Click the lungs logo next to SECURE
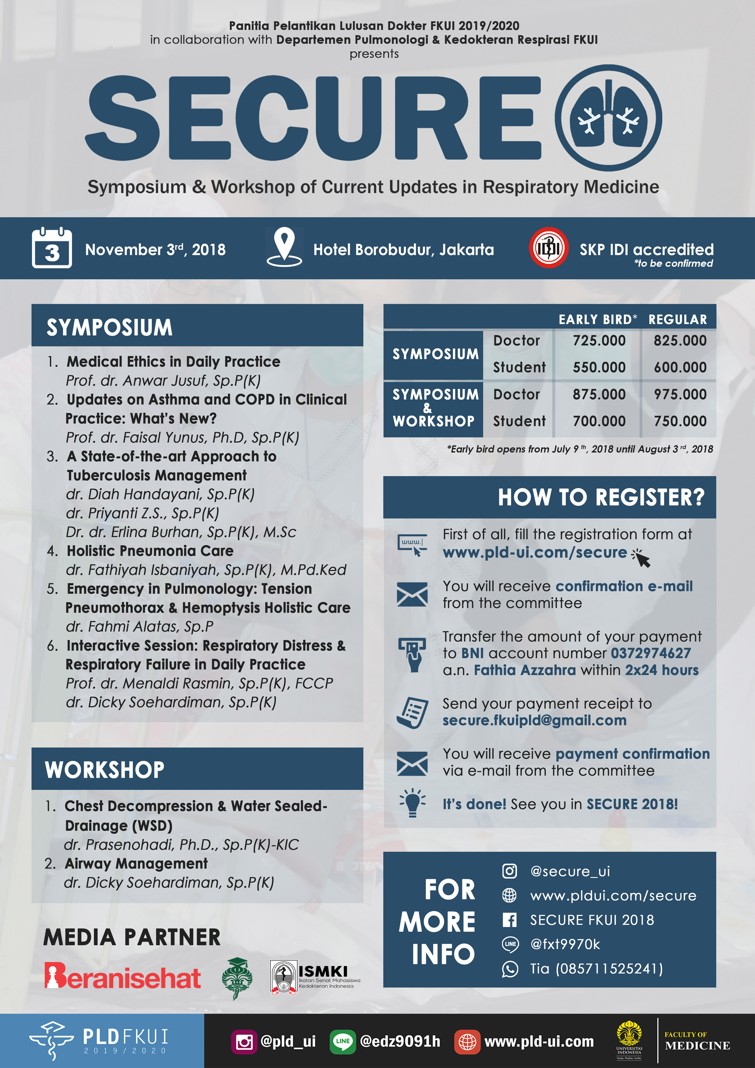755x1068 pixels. click(609, 118)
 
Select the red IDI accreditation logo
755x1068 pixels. click(549, 248)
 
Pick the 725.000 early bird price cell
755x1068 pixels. click(599, 340)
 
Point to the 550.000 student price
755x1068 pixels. click(599, 367)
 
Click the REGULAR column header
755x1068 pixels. click(677, 320)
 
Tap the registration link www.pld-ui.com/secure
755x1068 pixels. click(535, 553)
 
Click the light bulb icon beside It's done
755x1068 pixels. click(412, 803)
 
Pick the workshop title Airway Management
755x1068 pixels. click(136, 863)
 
